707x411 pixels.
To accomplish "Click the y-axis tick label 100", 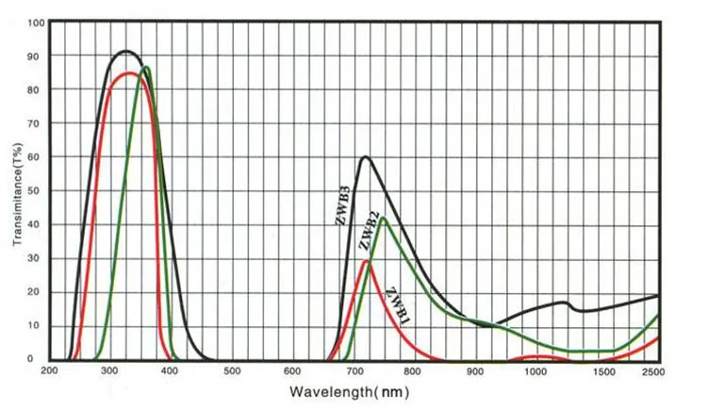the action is [x=36, y=23].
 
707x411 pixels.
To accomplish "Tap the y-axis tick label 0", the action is [x=30, y=359].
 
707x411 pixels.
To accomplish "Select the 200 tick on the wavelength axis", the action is [x=49, y=370].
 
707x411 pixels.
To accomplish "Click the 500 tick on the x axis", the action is [x=232, y=370].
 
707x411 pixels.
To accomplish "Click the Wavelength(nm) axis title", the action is [x=350, y=391].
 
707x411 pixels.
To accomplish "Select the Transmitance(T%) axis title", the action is [x=17, y=194].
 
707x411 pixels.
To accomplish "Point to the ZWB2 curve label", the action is [x=369, y=230].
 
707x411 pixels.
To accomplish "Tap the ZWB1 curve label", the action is [x=399, y=305].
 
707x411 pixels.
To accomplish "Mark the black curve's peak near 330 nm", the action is [x=126, y=51].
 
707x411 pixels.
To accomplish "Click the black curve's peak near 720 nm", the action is [x=365, y=156].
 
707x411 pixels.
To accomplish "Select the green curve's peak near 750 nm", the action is [x=383, y=218].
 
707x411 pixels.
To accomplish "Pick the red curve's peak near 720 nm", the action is [x=366, y=261].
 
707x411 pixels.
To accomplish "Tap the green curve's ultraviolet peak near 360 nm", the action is [x=145, y=68].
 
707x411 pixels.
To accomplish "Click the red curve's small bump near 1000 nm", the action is [x=537, y=357].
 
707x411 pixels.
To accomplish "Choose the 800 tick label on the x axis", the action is [x=412, y=370].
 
